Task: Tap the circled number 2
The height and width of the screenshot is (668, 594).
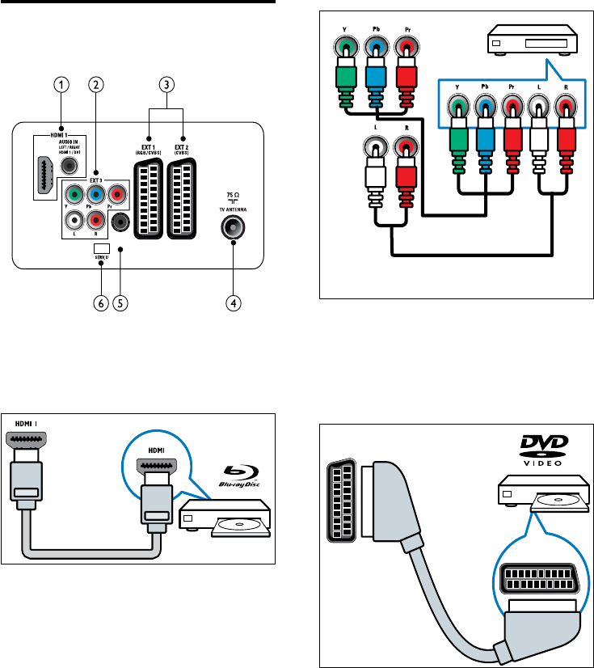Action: [x=96, y=83]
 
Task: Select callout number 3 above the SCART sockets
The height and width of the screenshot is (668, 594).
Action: [x=166, y=83]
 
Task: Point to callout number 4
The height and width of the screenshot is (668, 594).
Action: [x=233, y=304]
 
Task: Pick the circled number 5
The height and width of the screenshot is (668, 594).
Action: [x=120, y=304]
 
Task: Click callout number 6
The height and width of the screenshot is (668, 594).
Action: [x=101, y=304]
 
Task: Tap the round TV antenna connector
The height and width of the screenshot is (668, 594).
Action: [x=233, y=228]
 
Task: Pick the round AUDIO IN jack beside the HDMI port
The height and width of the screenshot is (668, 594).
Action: [x=71, y=165]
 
